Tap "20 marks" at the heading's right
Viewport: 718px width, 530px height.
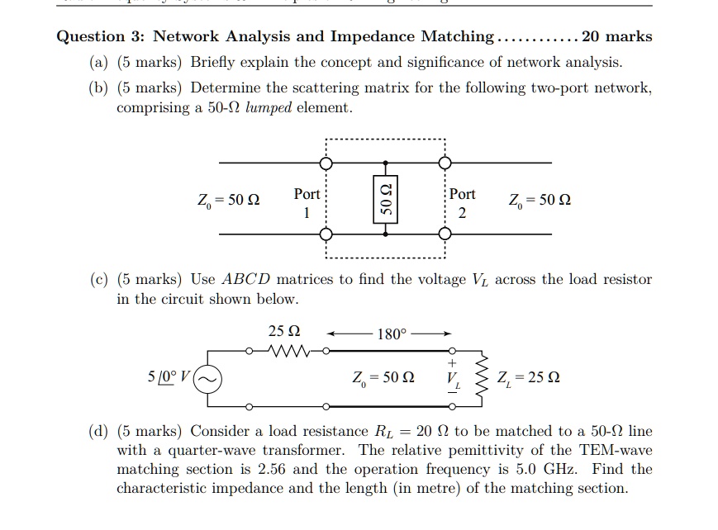pyautogui.click(x=617, y=37)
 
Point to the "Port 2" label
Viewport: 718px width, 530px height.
pyautogui.click(x=462, y=202)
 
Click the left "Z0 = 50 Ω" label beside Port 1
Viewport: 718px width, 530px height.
pyautogui.click(x=228, y=201)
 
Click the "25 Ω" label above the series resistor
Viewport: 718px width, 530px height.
pyautogui.click(x=283, y=331)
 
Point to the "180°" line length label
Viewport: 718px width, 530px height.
pyautogui.click(x=391, y=334)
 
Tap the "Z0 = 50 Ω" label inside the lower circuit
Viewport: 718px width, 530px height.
pyautogui.click(x=383, y=378)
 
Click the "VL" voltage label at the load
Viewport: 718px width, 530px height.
pyautogui.click(x=451, y=379)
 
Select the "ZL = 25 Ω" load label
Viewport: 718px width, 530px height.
pyautogui.click(x=529, y=379)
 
